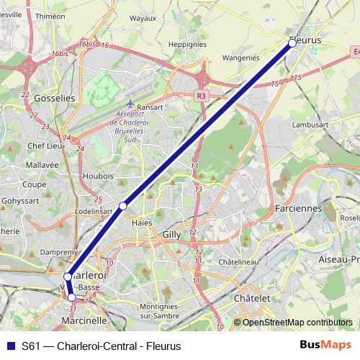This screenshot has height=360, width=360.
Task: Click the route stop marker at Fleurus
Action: click(x=292, y=43)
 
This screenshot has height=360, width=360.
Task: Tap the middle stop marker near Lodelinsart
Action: click(x=123, y=206)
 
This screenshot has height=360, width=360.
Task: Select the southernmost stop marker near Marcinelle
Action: click(x=71, y=297)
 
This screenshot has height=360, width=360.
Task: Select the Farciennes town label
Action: click(x=298, y=208)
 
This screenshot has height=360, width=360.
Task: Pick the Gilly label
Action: click(x=172, y=235)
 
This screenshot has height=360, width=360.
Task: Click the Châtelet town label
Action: click(x=252, y=297)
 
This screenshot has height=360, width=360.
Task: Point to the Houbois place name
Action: click(x=98, y=175)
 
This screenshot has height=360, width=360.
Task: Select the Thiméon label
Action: click(x=50, y=16)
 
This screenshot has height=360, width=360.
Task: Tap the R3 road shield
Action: click(x=201, y=94)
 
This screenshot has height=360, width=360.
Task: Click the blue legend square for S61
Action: click(x=10, y=346)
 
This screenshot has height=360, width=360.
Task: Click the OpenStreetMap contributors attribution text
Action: click(x=297, y=323)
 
